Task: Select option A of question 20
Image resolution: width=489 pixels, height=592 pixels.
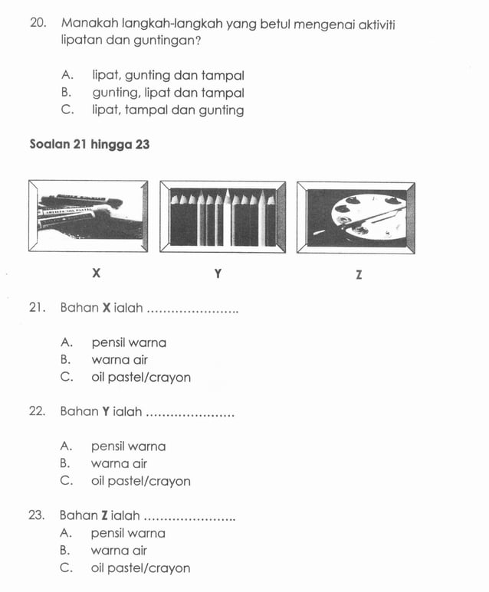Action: (167, 76)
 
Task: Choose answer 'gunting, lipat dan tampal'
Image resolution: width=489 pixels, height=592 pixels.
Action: (168, 93)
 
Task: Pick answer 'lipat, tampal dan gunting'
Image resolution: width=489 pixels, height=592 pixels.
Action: (168, 110)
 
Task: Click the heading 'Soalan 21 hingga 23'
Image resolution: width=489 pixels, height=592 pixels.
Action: (89, 144)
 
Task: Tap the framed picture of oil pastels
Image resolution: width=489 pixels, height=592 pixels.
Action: (89, 215)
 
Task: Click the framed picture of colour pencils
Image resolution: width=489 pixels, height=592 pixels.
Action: (222, 216)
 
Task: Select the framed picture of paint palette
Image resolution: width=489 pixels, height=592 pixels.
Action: (356, 217)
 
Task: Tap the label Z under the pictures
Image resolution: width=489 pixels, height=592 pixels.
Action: (358, 274)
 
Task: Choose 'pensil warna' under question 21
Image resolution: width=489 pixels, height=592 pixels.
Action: (128, 342)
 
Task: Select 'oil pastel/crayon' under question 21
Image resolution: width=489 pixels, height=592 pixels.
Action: (140, 378)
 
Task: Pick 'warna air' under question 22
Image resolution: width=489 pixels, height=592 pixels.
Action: (119, 463)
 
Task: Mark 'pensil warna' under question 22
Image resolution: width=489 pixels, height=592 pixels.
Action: (128, 446)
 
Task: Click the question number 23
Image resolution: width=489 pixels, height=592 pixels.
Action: (38, 515)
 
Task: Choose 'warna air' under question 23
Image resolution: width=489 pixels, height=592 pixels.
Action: (119, 551)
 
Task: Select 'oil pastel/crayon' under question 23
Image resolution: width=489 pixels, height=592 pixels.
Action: (140, 568)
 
